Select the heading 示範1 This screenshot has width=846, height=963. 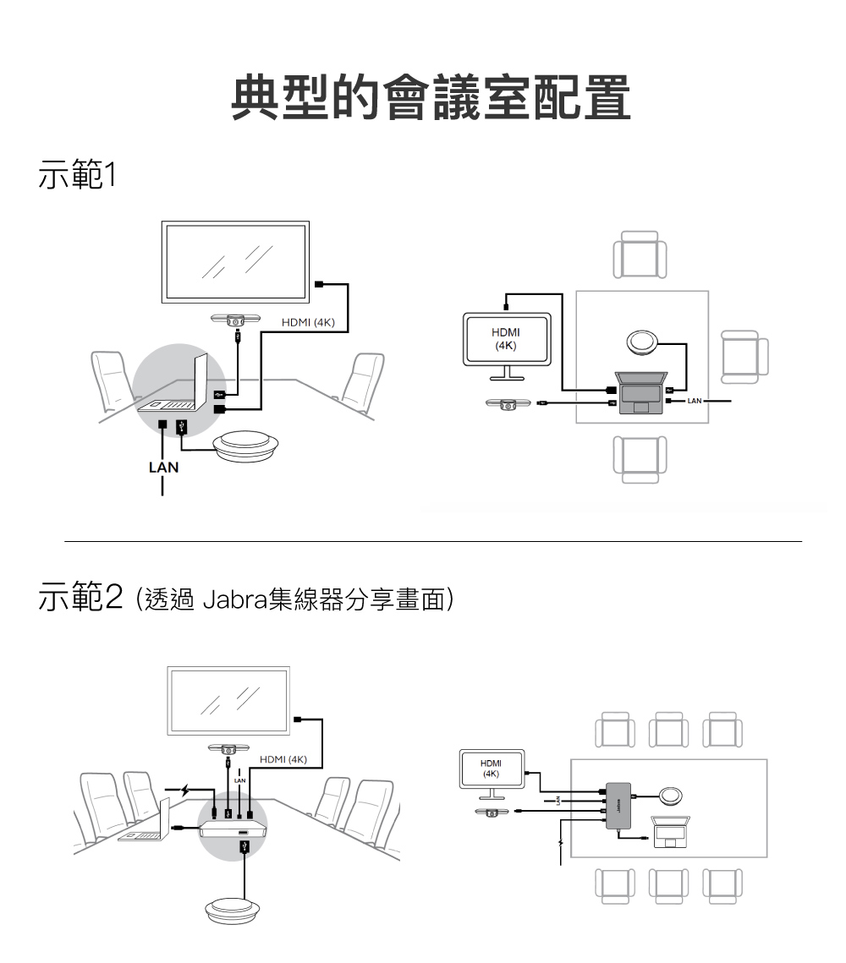click(x=76, y=177)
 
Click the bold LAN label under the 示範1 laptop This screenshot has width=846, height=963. click(x=162, y=466)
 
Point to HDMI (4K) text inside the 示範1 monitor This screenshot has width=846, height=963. click(x=506, y=339)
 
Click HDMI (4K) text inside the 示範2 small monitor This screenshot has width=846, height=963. click(x=491, y=769)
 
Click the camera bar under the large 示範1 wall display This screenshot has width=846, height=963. click(x=238, y=320)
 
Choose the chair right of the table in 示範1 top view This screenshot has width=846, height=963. click(x=744, y=351)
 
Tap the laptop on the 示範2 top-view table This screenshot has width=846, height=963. click(x=671, y=832)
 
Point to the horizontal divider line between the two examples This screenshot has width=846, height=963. click(x=431, y=541)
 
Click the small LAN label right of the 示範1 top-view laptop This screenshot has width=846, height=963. click(x=694, y=399)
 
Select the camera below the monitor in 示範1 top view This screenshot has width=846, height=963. click(x=506, y=405)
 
